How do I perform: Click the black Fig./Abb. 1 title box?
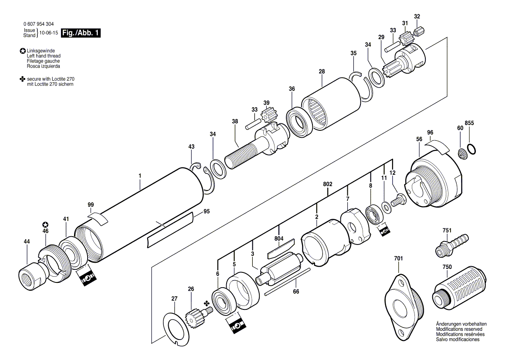(x=81, y=33)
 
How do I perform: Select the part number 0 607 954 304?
(x=39, y=24)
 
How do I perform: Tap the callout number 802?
(x=328, y=184)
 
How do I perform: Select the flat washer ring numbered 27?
(x=176, y=328)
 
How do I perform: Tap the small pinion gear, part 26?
(x=197, y=314)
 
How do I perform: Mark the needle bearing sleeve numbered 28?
(x=331, y=104)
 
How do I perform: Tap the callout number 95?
(x=207, y=211)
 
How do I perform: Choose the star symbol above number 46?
(x=45, y=225)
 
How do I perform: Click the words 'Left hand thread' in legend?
(x=44, y=56)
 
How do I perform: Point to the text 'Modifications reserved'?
(x=459, y=329)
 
